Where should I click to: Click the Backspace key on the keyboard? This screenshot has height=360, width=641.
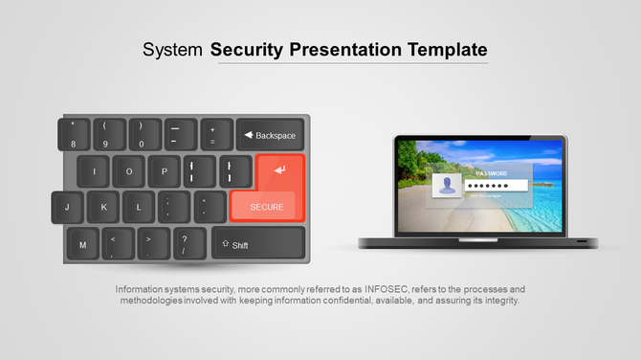(270, 135)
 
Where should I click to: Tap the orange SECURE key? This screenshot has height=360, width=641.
(267, 206)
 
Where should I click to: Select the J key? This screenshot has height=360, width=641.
(67, 207)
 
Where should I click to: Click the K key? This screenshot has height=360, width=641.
(103, 207)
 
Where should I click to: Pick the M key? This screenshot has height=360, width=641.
(82, 245)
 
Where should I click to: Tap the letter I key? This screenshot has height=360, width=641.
(93, 172)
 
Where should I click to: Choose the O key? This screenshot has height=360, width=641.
(129, 172)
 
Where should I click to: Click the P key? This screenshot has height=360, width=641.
(165, 172)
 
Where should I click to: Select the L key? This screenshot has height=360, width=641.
(139, 207)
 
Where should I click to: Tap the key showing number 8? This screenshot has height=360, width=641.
(73, 135)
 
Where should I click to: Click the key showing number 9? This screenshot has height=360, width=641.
(105, 135)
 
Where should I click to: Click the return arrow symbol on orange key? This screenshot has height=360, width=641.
(279, 170)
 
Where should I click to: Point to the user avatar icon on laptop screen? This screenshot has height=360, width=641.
(446, 185)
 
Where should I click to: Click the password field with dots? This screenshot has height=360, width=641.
(497, 185)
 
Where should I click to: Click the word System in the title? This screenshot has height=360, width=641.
(172, 50)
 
